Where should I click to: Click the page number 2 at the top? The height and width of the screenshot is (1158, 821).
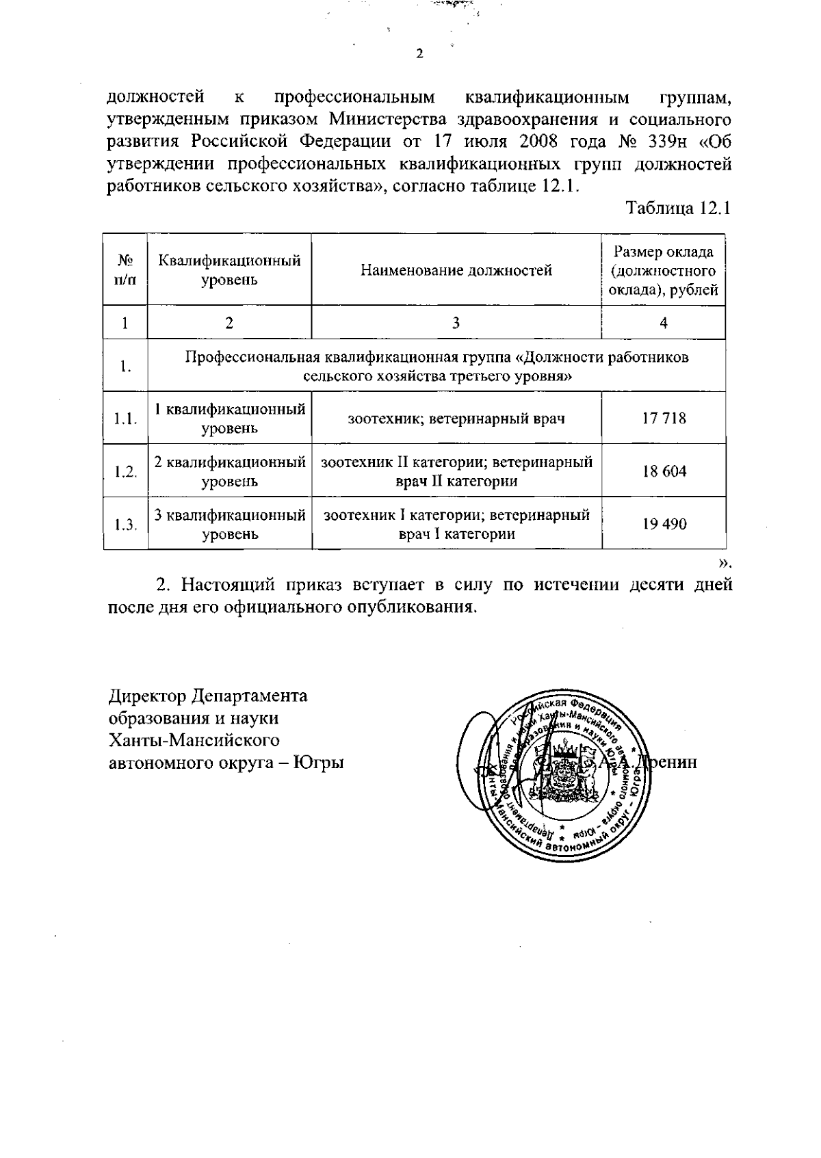419,54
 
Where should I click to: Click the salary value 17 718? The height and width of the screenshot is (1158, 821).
664,418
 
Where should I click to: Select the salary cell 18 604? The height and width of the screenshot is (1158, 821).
664,471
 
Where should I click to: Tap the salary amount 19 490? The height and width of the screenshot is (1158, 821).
664,524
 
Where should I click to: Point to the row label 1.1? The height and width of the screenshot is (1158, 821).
125,419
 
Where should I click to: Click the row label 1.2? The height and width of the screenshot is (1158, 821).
125,471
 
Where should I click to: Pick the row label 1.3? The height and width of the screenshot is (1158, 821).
125,525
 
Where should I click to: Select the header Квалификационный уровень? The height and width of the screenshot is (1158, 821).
229,270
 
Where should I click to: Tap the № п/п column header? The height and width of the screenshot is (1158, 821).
125,270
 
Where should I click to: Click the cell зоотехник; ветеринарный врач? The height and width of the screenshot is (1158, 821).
456,418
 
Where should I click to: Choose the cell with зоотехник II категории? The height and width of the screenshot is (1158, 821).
456,471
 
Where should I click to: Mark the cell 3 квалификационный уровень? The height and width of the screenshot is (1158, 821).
229,524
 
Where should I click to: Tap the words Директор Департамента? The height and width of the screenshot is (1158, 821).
208,696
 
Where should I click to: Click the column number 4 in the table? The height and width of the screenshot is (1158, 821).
664,323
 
